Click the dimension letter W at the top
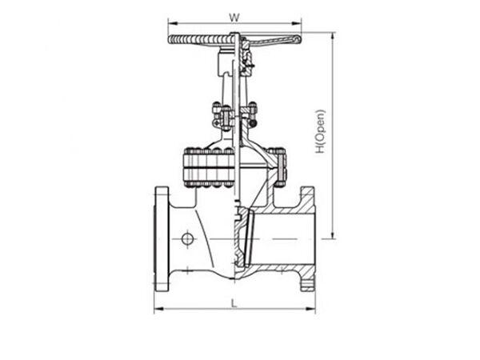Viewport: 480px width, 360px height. pyautogui.click(x=234, y=15)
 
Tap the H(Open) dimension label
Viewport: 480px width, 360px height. pyautogui.click(x=319, y=131)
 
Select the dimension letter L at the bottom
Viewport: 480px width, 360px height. pyautogui.click(x=233, y=303)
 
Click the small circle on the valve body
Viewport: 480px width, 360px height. pyautogui.click(x=187, y=238)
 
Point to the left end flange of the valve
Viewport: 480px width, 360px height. pyautogui.click(x=162, y=238)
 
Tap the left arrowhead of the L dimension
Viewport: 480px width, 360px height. pyautogui.click(x=157, y=310)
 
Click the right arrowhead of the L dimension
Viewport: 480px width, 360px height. pyautogui.click(x=313, y=310)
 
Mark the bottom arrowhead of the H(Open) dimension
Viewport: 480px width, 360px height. pyautogui.click(x=333, y=237)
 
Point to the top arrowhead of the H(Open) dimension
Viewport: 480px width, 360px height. pyautogui.click(x=333, y=35)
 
